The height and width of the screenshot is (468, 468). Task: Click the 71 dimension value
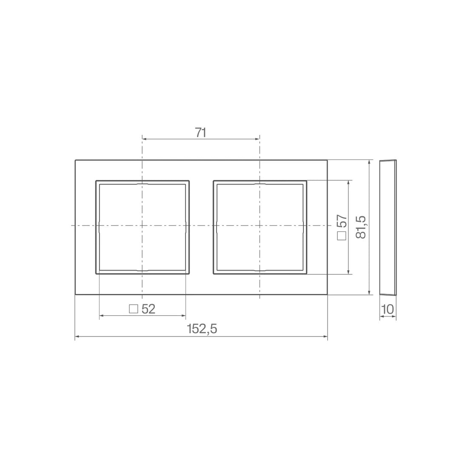201,132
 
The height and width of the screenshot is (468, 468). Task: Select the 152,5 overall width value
202,329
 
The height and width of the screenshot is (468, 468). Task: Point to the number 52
148,309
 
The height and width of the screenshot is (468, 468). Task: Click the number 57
342,221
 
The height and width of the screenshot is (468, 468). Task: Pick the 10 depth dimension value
388,309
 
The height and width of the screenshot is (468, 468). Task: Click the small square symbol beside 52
134,309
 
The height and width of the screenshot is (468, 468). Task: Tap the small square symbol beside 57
342,236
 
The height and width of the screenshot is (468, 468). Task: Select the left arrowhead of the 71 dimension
144,139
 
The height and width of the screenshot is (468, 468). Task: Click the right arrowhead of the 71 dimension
257,139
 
